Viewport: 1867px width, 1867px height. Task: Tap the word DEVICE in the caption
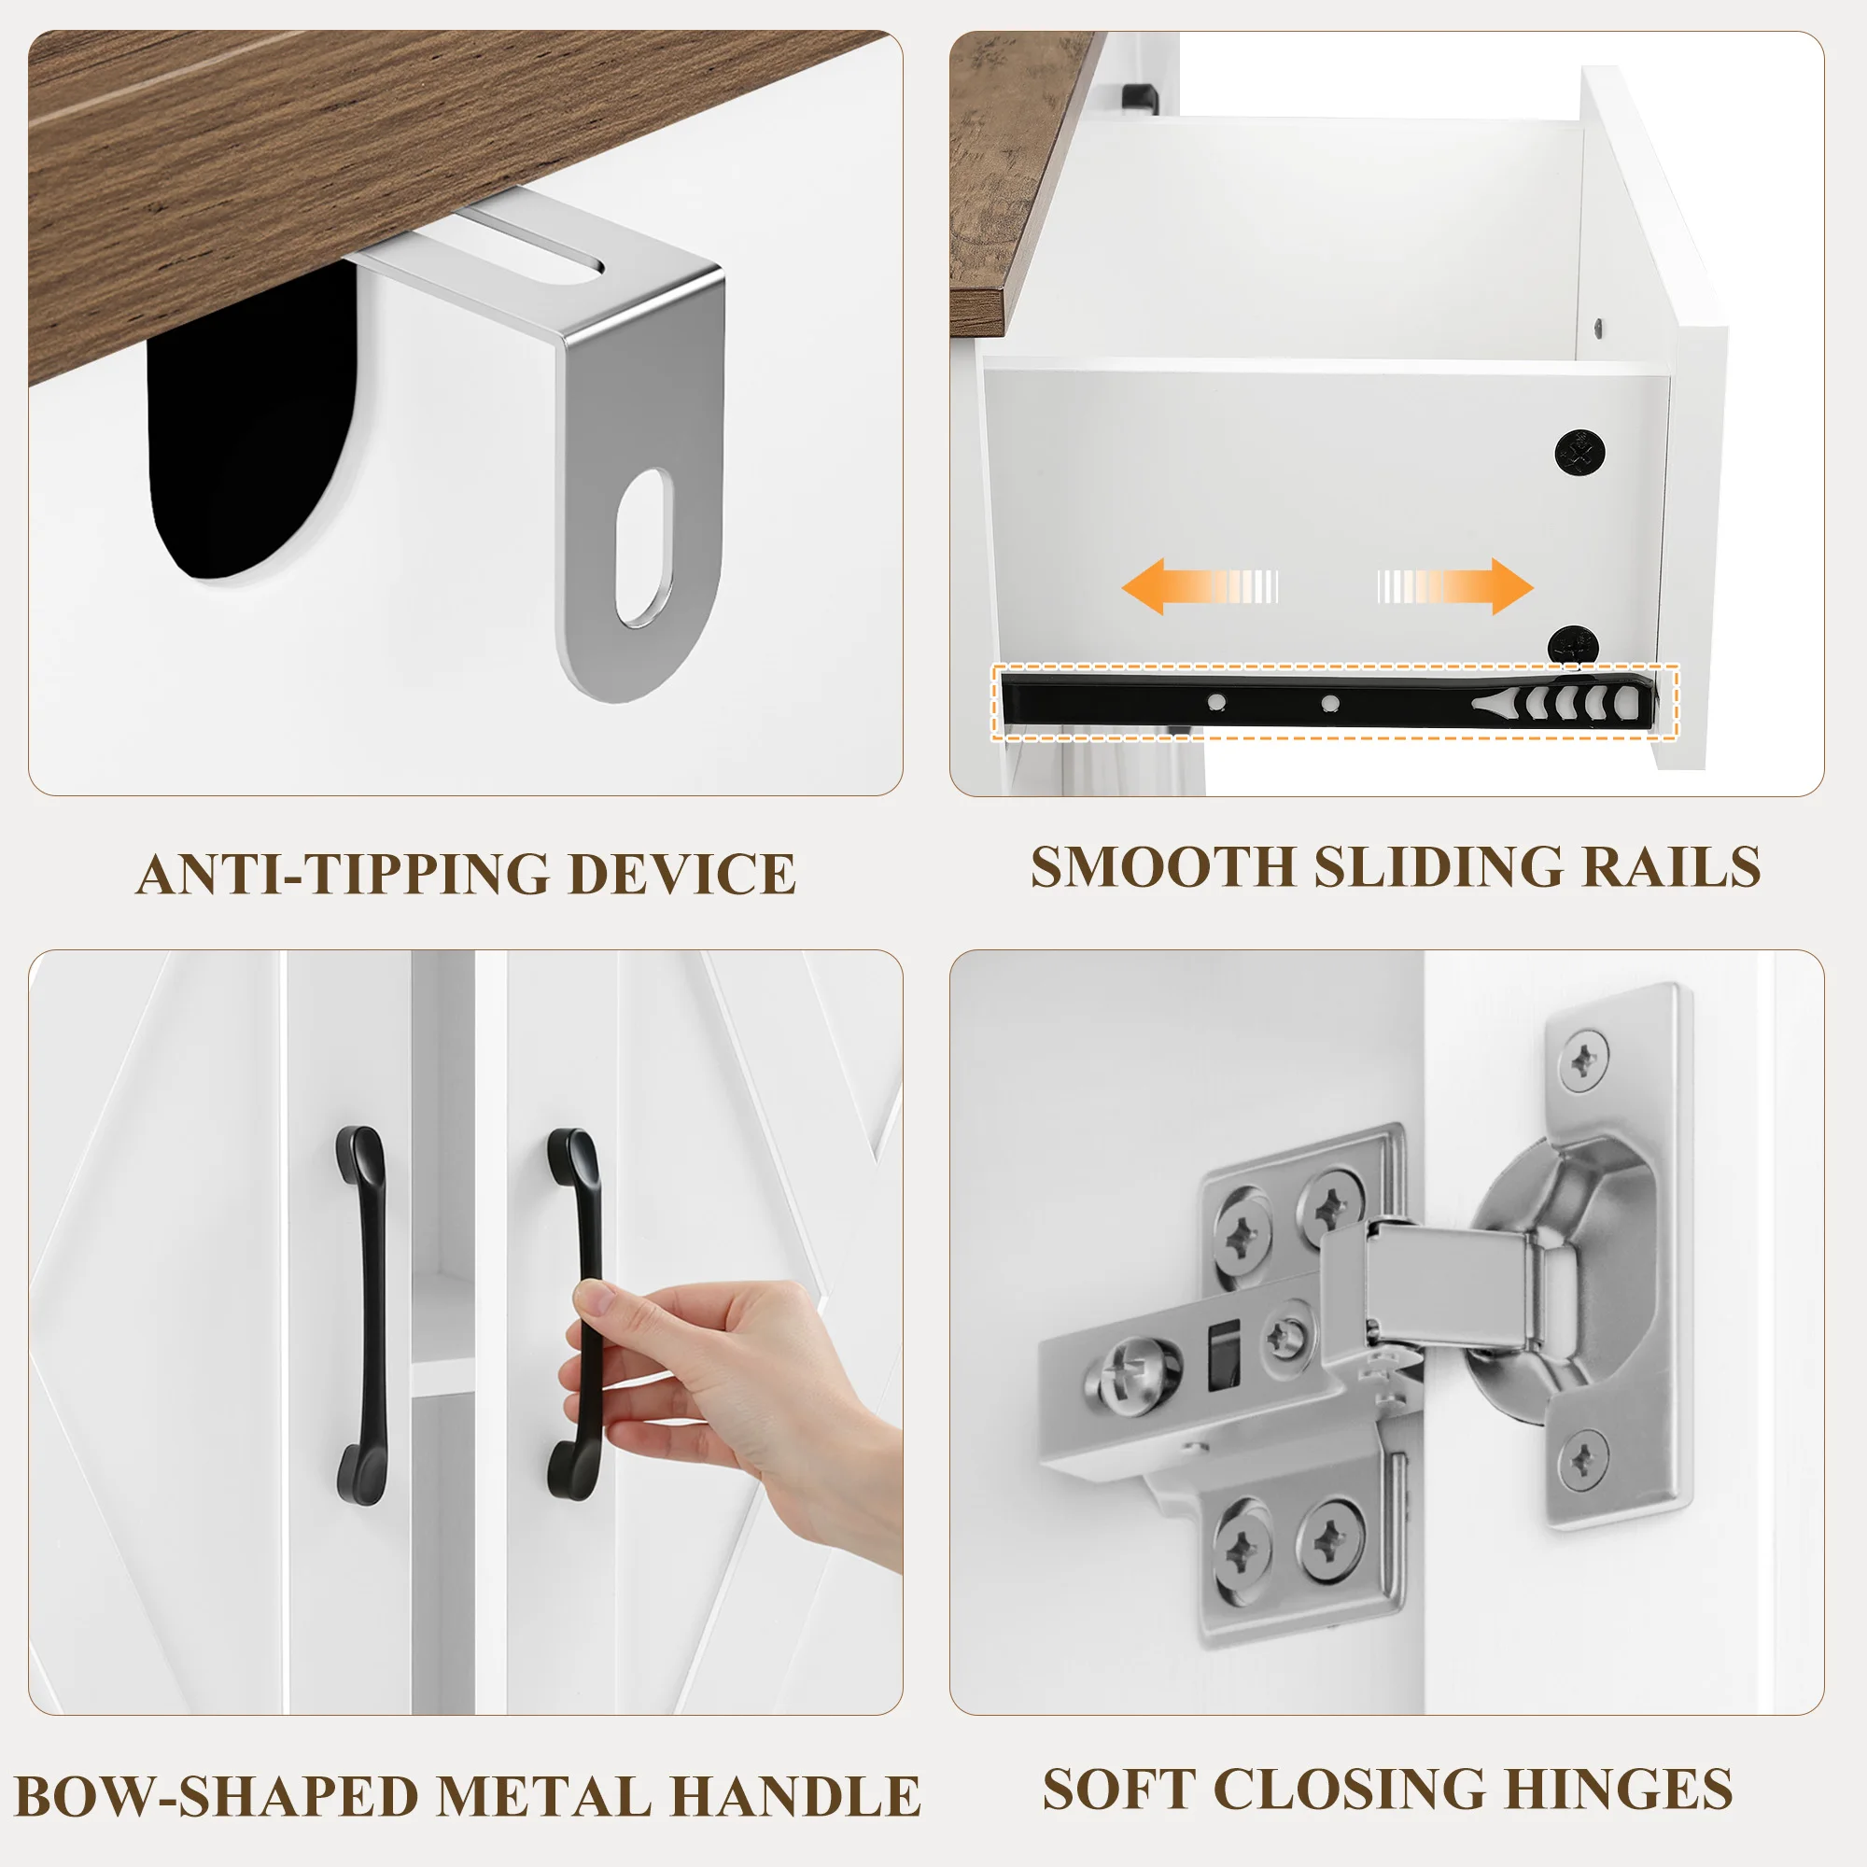pyautogui.click(x=681, y=875)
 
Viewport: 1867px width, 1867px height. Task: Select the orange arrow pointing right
pyautogui.click(x=1455, y=586)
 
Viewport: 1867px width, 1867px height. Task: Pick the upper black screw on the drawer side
pyautogui.click(x=1580, y=451)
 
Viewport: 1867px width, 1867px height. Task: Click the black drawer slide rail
pyautogui.click(x=1328, y=704)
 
